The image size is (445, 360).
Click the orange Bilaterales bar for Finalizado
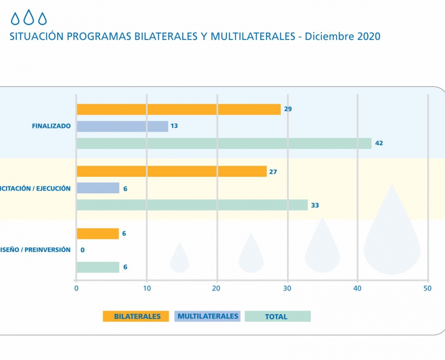coord(179,109)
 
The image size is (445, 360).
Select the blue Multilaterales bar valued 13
coord(122,126)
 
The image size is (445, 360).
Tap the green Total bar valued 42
coord(224,143)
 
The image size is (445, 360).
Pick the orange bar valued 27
coord(172,172)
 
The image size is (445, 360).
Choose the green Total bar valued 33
coord(192,205)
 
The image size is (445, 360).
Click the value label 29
coord(288,109)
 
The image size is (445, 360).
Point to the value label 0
coord(82,250)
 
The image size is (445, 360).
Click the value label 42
coord(379,143)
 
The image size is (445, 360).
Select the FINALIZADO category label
coord(51,126)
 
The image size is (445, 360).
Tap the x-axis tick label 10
coord(147,288)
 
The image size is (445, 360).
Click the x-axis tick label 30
coord(287,288)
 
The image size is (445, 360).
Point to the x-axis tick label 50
coord(428,288)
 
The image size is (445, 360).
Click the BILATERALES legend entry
coord(136,316)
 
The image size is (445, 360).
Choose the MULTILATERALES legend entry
coord(208,316)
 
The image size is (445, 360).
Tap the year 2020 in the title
coord(365,37)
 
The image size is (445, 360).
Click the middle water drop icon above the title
coord(29,18)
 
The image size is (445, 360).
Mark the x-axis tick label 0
coord(76,288)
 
